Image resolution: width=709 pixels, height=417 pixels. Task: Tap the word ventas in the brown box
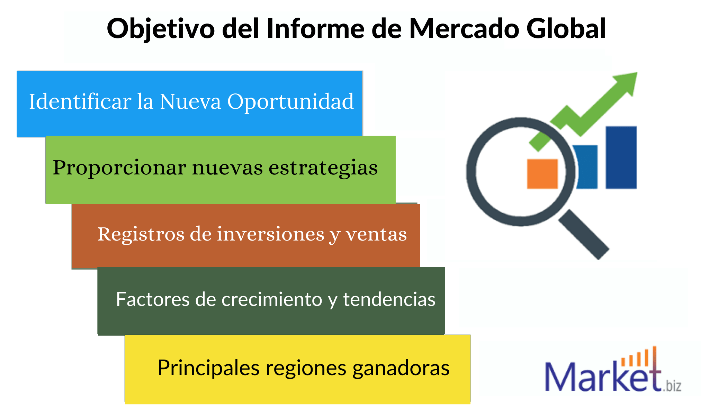[x=376, y=235]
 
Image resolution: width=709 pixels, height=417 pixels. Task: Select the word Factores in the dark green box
[x=153, y=299]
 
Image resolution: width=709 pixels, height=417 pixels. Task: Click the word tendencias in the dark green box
[x=389, y=299]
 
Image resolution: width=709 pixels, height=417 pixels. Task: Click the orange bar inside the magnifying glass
[x=542, y=174]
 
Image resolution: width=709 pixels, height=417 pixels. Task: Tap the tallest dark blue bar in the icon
[x=621, y=157]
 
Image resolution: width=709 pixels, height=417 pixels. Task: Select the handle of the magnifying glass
[x=584, y=235]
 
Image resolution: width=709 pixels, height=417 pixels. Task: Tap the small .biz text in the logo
[x=672, y=386]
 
